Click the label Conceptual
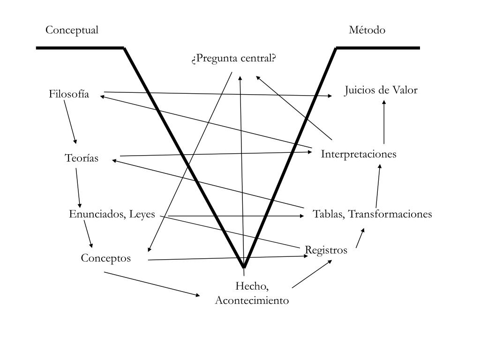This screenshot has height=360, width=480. [72, 30]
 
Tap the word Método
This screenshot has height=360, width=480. [367, 30]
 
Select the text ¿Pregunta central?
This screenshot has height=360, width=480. [233, 59]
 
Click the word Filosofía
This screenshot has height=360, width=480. [69, 94]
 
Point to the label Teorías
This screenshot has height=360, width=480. [82, 158]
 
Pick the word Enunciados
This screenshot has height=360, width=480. [94, 215]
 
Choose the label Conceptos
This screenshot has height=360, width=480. [105, 258]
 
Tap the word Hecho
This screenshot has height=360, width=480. [252, 286]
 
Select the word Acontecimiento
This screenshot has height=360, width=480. [252, 301]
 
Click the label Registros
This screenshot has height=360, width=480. [326, 250]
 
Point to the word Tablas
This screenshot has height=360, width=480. [328, 215]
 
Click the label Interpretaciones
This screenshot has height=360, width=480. [359, 154]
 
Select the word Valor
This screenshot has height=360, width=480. [405, 90]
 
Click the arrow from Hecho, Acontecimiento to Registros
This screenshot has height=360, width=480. [312, 273]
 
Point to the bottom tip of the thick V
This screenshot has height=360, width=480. [244, 266]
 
